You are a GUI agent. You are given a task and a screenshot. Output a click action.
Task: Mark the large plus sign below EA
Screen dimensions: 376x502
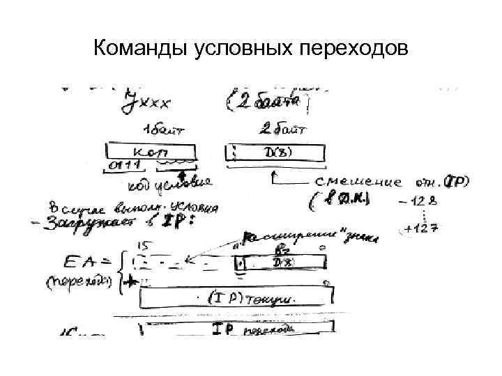[x=128, y=281]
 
